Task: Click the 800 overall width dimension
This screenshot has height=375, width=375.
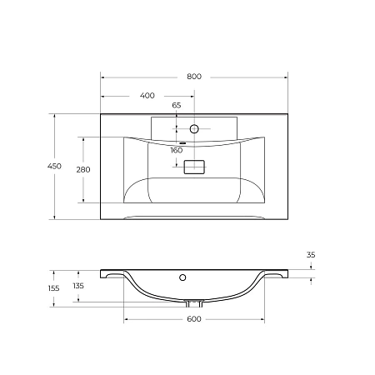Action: coord(193,77)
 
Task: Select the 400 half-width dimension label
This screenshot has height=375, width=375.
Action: coord(147,96)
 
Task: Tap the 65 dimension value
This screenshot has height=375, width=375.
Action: coord(177,106)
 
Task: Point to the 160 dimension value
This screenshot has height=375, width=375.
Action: coord(177,151)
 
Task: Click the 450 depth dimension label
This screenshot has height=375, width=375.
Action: coord(53,167)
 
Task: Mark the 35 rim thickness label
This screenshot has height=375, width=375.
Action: coord(311,255)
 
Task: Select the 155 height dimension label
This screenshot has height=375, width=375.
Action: coord(53,288)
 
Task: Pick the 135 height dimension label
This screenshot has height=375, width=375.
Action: coord(79,286)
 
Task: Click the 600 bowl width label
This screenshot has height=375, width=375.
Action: coord(193,320)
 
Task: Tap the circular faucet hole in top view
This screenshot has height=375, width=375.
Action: coord(195,129)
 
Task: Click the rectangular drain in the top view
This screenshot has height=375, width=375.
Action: coord(194,167)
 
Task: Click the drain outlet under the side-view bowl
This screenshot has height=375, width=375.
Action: coord(195,303)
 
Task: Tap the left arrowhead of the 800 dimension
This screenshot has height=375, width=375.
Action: coord(103,77)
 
